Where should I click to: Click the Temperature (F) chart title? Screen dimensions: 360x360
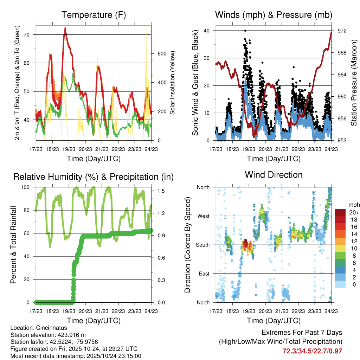coord(94,15)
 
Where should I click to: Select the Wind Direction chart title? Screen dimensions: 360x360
coord(274,175)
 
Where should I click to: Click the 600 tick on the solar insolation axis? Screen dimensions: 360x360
coord(161,53)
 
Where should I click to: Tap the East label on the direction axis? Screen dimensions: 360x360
coord(204,274)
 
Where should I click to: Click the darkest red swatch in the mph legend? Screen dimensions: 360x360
coord(340,212)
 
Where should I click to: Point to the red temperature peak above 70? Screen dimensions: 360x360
coord(65,34)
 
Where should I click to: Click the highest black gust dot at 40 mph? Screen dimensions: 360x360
coord(245,31)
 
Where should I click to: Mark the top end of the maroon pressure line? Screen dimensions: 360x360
coord(331,33)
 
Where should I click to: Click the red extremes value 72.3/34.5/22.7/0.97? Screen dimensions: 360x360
coord(312,351)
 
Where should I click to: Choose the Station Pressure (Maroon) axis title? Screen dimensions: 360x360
coord(354,85)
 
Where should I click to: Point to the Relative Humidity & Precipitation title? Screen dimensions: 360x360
coord(94,177)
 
